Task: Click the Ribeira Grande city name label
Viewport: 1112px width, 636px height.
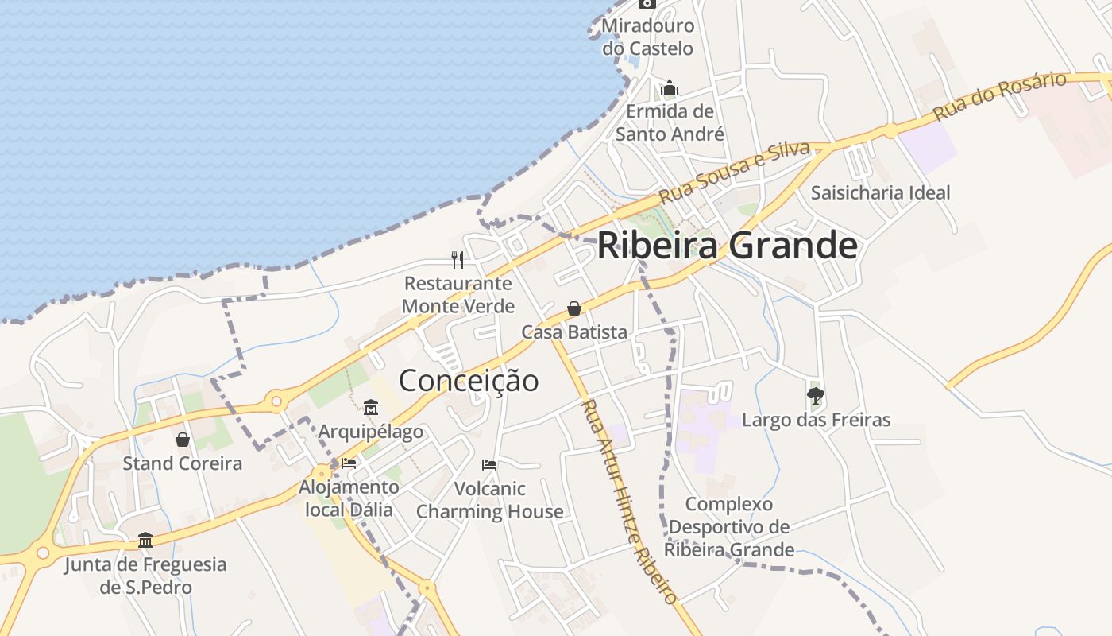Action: pos(727,246)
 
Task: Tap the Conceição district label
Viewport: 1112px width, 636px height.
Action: pos(468,381)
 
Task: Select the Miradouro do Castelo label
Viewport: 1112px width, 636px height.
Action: pos(647,37)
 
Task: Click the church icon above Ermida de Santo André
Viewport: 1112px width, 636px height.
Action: pos(670,87)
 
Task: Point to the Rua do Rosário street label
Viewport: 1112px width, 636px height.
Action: pos(1000,96)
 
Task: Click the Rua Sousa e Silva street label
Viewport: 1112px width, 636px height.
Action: pos(735,172)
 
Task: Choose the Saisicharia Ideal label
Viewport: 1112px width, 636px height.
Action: pos(880,192)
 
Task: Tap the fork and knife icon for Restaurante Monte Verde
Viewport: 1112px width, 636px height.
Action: pos(458,259)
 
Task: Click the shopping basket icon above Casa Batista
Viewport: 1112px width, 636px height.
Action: pos(573,308)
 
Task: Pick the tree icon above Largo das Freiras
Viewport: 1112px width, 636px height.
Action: pos(815,395)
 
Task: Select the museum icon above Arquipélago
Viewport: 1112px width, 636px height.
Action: pos(370,408)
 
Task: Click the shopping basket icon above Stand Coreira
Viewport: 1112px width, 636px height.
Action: pos(183,440)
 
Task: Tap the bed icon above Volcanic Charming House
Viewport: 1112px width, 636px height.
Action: pos(489,464)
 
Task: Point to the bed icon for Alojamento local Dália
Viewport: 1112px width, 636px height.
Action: pos(349,463)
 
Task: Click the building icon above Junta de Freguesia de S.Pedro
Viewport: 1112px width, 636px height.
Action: pos(145,541)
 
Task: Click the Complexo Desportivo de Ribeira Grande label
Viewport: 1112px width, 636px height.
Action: pos(729,527)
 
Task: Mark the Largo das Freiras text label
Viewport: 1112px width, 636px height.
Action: pos(816,420)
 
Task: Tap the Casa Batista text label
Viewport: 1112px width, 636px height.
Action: pos(574,332)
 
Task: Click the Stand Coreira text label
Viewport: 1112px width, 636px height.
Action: pos(183,463)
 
